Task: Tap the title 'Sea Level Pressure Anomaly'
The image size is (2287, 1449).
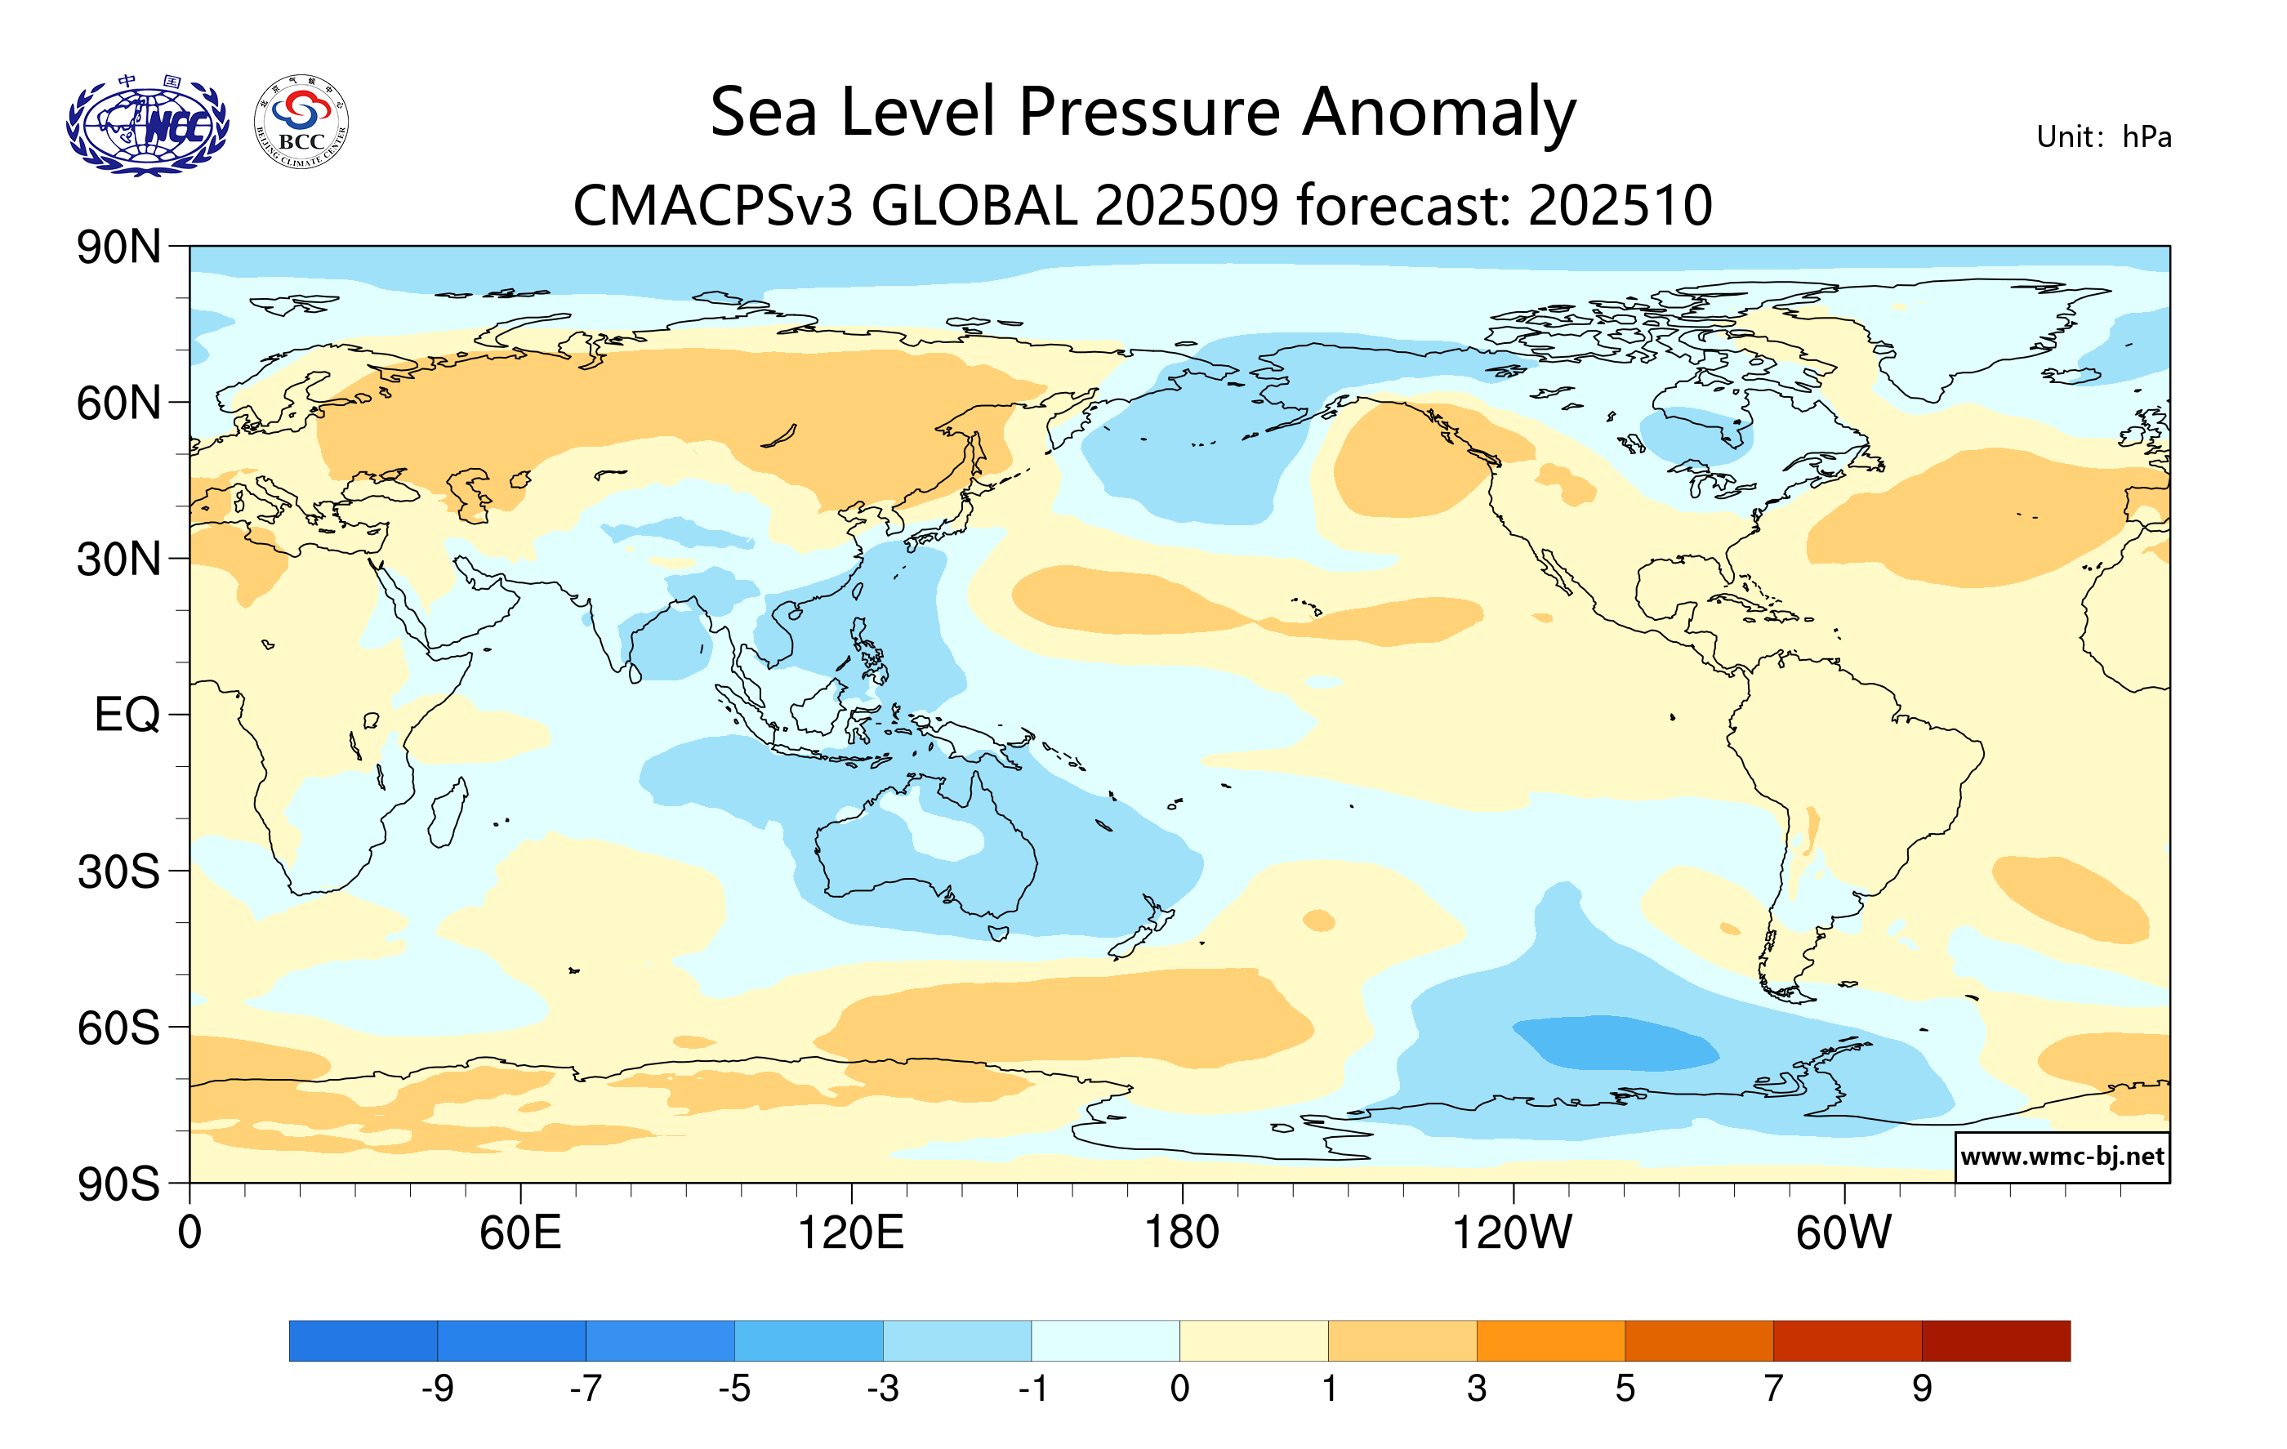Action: pyautogui.click(x=1143, y=112)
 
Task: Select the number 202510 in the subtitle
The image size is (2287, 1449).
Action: pyautogui.click(x=1621, y=205)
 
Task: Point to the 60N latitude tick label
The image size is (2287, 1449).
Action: pyautogui.click(x=118, y=403)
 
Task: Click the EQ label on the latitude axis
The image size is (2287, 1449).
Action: pyautogui.click(x=127, y=715)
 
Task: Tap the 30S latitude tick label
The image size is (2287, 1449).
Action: pyautogui.click(x=118, y=872)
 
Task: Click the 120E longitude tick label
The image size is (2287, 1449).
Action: pyautogui.click(x=851, y=1233)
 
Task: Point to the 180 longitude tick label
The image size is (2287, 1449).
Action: pyautogui.click(x=1182, y=1233)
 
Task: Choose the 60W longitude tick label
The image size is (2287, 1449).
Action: pyautogui.click(x=1843, y=1233)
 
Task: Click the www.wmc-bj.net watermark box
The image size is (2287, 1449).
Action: pyautogui.click(x=2062, y=1157)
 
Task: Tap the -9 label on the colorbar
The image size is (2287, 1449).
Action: pyautogui.click(x=437, y=1389)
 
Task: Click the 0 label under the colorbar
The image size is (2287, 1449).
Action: pyautogui.click(x=1179, y=1389)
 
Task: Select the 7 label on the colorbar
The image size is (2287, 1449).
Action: pyautogui.click(x=1773, y=1389)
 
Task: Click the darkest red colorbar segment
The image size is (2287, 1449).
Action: pyautogui.click(x=1995, y=1340)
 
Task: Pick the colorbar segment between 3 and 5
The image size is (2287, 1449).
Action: pyautogui.click(x=1550, y=1340)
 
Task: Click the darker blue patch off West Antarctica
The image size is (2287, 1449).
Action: pyautogui.click(x=1615, y=1042)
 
